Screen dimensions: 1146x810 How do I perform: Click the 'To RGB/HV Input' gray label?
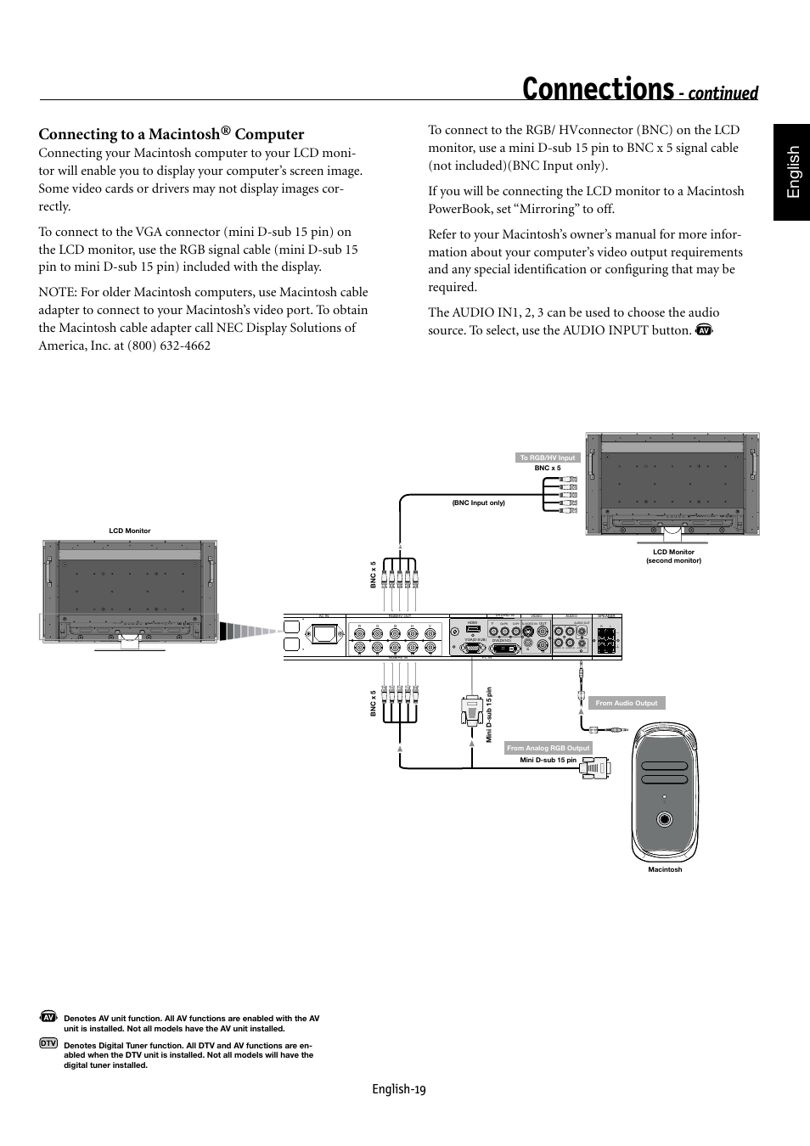(x=548, y=458)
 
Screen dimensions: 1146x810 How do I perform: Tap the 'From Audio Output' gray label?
(x=627, y=703)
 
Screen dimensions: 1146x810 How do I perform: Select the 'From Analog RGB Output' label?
(x=548, y=748)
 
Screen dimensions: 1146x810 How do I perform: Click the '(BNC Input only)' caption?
(x=478, y=503)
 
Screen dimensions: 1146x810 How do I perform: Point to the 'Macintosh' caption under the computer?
(x=665, y=869)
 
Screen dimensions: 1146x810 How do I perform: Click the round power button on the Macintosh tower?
(x=665, y=820)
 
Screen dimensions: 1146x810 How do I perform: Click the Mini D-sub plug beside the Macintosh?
(x=595, y=768)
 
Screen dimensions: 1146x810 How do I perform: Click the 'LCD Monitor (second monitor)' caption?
(x=673, y=556)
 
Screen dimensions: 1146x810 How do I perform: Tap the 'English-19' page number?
(x=398, y=1089)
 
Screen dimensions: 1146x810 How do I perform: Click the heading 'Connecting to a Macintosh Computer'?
(x=171, y=134)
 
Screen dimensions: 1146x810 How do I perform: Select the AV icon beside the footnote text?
(x=48, y=1017)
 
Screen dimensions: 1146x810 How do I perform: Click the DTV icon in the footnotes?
(x=48, y=1042)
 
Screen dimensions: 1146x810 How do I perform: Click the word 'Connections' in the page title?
(x=598, y=89)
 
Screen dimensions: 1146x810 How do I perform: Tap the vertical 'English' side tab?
(x=791, y=172)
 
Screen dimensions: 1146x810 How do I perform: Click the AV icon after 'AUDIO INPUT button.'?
(x=702, y=330)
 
